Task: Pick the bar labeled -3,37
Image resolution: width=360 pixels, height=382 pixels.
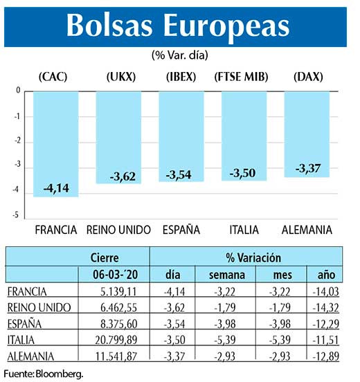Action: tap(307, 134)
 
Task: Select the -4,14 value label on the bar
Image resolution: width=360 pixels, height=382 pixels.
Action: tap(56, 188)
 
